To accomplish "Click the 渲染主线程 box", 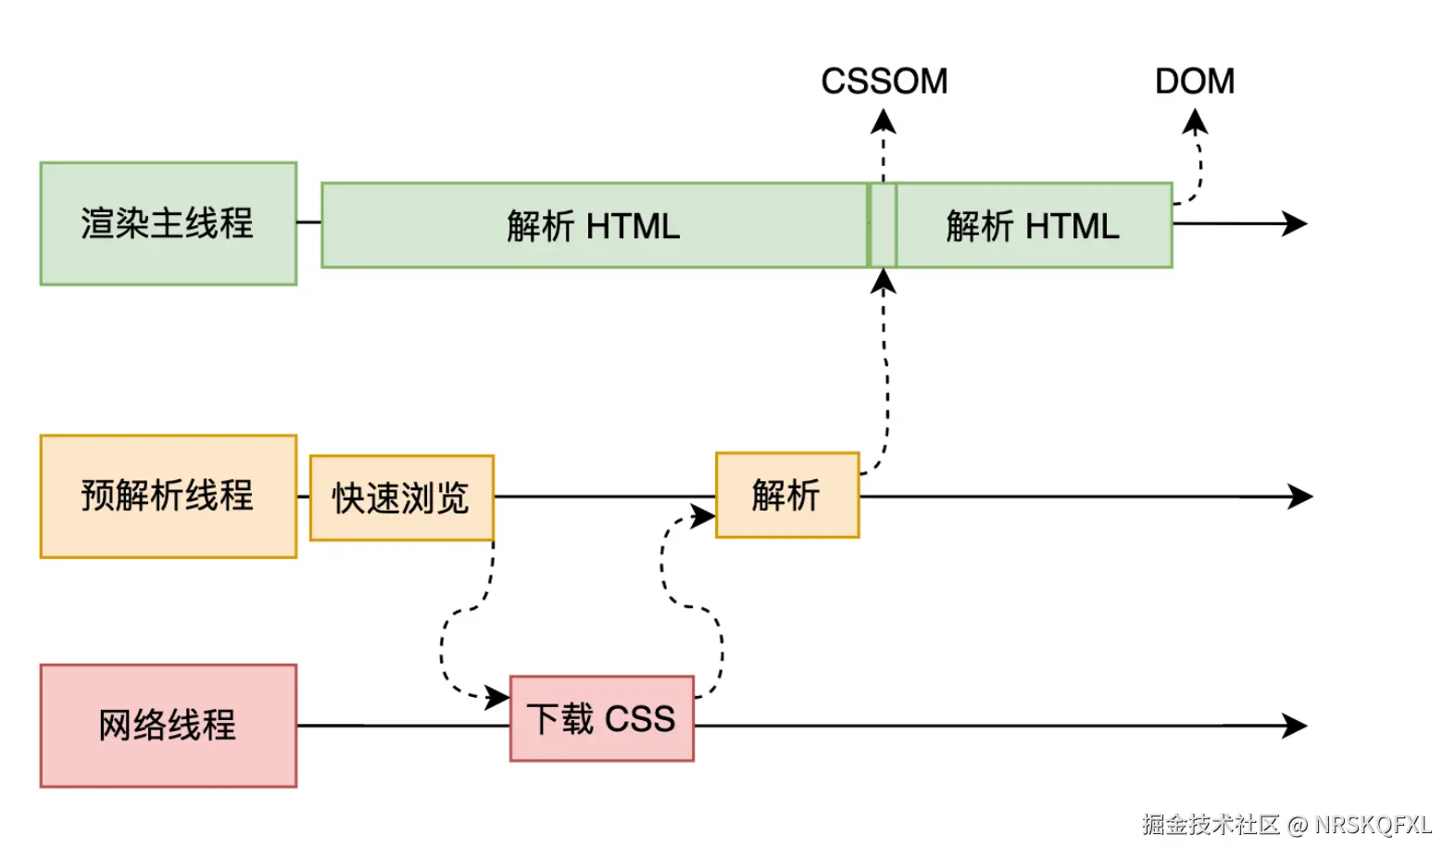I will click(168, 223).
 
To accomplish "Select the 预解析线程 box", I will click(168, 496).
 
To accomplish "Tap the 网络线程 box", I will click(168, 725).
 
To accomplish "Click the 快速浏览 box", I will click(401, 498).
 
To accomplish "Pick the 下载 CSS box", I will click(601, 718).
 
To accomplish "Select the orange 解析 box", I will click(786, 495).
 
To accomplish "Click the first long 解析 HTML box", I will click(594, 225).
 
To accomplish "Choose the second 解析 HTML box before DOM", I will click(1033, 225).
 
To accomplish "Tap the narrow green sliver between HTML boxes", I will click(883, 225).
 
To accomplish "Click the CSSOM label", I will click(884, 82).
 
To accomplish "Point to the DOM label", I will click(1194, 82).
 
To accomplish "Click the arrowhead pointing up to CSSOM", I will click(884, 120).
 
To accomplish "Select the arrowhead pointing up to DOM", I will click(1195, 121).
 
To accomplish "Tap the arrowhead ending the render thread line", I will click(1296, 223).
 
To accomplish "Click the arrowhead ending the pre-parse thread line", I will click(1301, 496).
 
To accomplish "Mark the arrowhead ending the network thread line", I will click(1296, 725).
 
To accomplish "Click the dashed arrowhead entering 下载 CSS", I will click(498, 696).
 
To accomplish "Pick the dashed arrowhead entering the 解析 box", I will click(704, 515).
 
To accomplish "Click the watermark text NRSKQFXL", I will click(1373, 824).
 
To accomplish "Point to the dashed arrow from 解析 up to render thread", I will click(886, 371).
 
